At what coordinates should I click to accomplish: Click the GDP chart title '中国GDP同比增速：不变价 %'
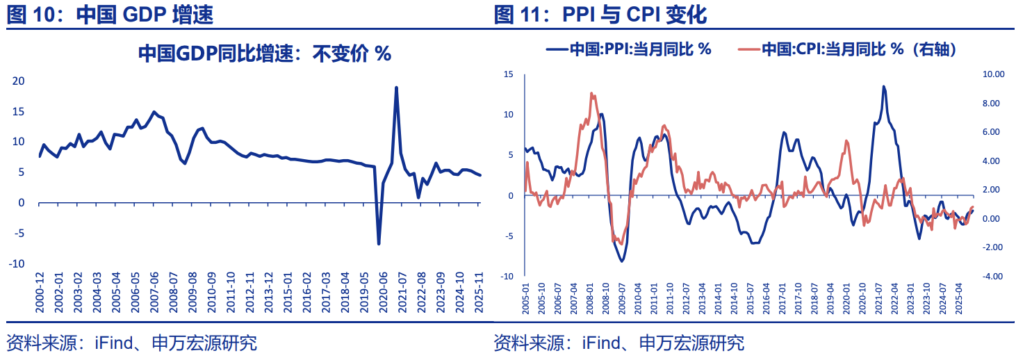(264, 54)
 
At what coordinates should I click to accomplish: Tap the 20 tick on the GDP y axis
(19, 81)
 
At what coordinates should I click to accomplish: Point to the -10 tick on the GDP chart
(17, 263)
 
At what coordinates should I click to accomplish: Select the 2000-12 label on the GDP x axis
(40, 295)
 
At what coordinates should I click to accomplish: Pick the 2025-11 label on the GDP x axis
(478, 295)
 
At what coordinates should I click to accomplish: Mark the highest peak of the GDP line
(396, 88)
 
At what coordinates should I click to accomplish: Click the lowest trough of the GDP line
(379, 244)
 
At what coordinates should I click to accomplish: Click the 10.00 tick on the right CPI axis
(992, 74)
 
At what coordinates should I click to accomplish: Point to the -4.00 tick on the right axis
(992, 276)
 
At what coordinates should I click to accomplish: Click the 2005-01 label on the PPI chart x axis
(526, 297)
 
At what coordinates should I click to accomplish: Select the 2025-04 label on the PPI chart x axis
(960, 297)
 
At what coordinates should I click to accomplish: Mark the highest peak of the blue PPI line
(883, 87)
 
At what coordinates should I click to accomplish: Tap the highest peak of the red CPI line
(592, 93)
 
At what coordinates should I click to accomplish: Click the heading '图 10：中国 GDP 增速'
(110, 15)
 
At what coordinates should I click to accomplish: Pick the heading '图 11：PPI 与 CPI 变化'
(600, 15)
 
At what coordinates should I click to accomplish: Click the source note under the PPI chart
(618, 343)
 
